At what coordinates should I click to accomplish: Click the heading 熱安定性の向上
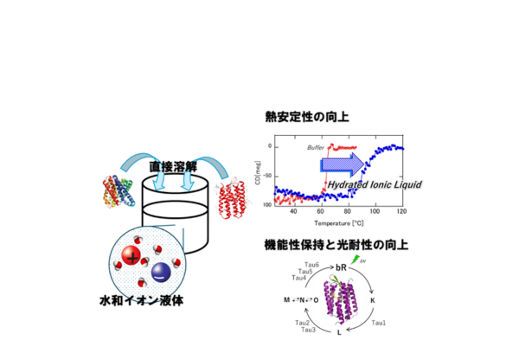[x=306, y=115]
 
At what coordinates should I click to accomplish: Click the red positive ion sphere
[x=131, y=256]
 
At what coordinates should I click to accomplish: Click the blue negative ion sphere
[x=161, y=272]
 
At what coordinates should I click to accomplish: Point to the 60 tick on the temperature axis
[x=322, y=211]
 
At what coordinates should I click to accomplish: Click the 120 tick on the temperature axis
[x=401, y=211]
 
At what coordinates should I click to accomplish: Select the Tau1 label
[x=378, y=323]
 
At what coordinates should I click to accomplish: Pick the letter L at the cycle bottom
[x=339, y=332]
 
